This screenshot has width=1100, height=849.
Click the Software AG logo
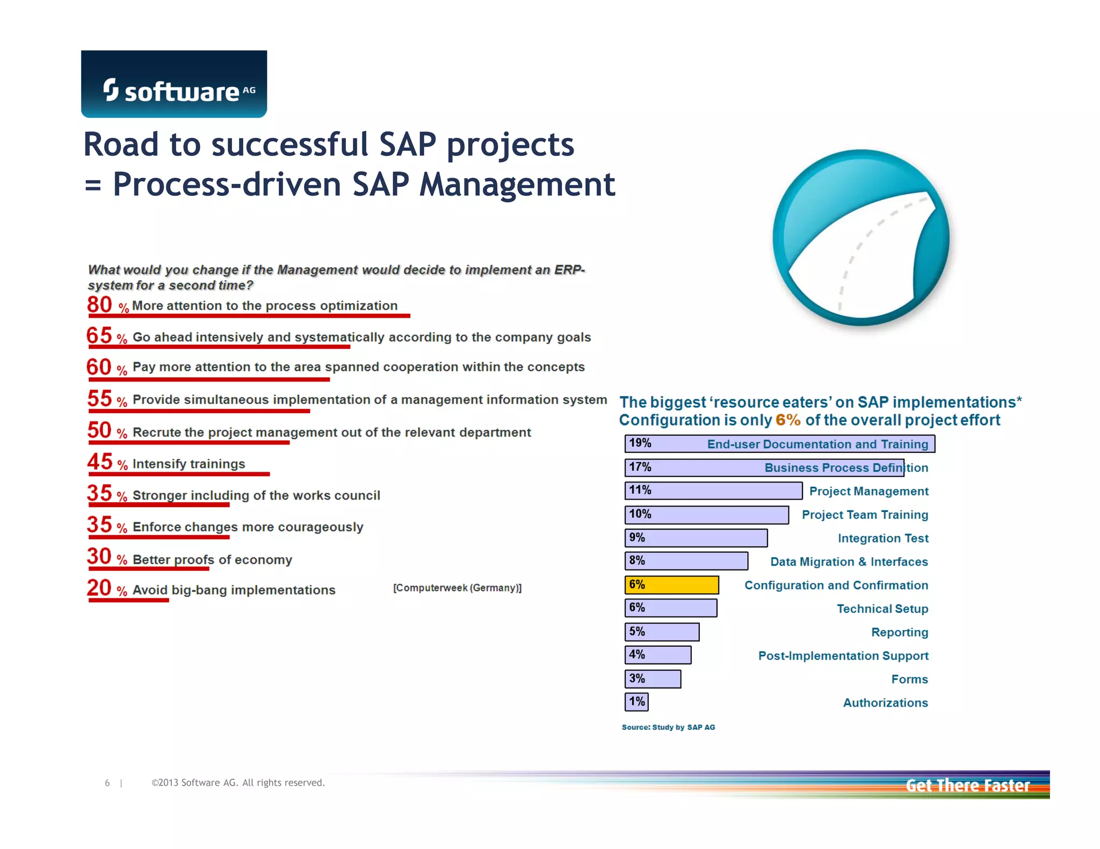173,84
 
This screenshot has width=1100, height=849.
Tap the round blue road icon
860,238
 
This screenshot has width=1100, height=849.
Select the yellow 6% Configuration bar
671,585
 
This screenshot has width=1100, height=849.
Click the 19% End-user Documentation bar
779,444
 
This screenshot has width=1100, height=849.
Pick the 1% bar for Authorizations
637,702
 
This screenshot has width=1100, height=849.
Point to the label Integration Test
882,538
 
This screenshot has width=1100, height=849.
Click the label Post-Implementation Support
843,656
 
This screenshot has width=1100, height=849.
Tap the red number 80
99,305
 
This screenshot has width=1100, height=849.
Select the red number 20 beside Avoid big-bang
99,588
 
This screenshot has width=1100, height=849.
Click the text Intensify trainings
189,464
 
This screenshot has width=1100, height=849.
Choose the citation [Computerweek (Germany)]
457,588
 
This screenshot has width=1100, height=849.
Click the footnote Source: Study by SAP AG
668,727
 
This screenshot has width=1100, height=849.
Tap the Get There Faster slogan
967,786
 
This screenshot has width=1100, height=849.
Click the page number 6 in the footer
107,783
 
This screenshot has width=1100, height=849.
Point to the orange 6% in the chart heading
787,420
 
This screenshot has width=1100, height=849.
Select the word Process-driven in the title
227,185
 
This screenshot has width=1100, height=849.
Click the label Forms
909,679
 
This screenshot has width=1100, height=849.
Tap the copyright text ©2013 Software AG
238,783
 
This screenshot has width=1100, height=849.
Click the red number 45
100,462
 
